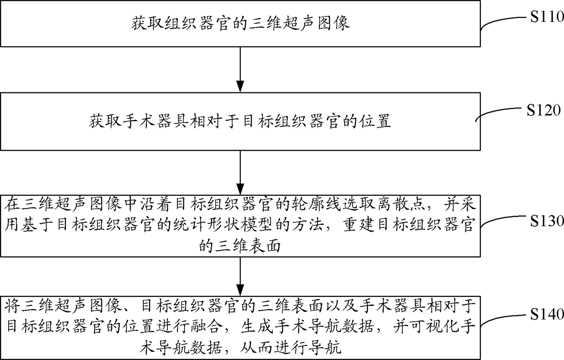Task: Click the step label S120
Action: [x=544, y=110]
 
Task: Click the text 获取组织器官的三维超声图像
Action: [x=240, y=23]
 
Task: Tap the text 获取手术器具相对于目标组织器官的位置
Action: [x=240, y=122]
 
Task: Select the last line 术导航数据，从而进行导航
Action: [x=240, y=350]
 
